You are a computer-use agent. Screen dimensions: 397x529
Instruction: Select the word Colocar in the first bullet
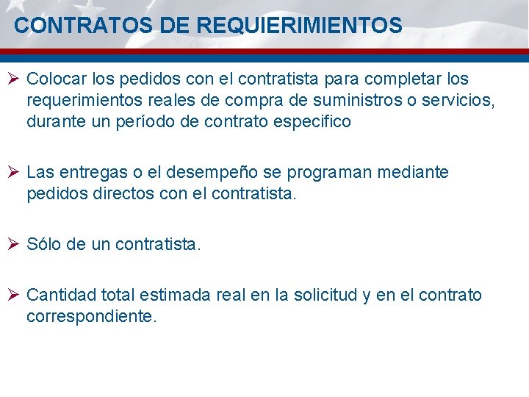pyautogui.click(x=56, y=79)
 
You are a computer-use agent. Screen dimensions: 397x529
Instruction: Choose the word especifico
pyautogui.click(x=310, y=122)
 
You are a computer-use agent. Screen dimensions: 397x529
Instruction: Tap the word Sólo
pyautogui.click(x=44, y=244)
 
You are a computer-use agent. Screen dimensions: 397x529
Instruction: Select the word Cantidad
pyautogui.click(x=62, y=296)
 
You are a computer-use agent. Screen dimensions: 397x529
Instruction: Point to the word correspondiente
pyautogui.click(x=91, y=317)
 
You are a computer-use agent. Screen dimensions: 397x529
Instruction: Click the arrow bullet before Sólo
pyautogui.click(x=15, y=244)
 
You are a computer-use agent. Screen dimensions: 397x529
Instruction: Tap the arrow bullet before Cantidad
pyautogui.click(x=15, y=296)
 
